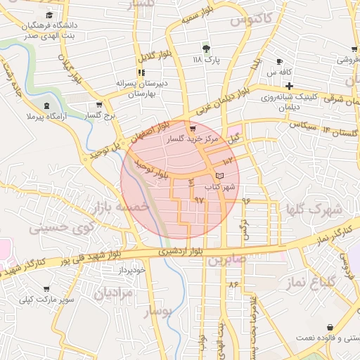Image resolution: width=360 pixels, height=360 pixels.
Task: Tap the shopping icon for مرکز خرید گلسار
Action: point(193,129)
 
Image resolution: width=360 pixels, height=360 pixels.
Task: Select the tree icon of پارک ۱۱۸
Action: point(206,49)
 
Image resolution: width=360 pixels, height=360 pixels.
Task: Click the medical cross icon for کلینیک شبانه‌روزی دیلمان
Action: point(289,85)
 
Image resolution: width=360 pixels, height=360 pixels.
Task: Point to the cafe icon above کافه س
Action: point(280,61)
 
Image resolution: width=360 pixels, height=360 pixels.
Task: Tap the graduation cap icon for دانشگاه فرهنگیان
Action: point(49,15)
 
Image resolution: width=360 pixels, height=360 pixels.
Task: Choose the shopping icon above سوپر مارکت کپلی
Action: point(46,289)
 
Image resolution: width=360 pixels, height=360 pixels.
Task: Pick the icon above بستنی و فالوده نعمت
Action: point(330,327)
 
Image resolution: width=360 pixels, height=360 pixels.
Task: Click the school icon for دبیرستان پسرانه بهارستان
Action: point(141,72)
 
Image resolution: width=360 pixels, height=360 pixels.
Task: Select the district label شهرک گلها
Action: point(314,210)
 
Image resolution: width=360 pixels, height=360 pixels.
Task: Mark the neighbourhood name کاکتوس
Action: point(250,19)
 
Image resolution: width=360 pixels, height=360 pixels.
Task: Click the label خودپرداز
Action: point(131,270)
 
